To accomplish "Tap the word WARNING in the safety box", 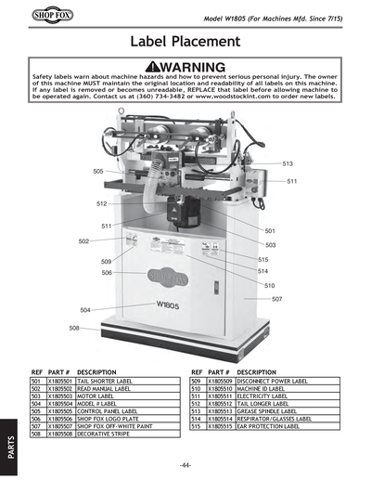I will coord(185,67).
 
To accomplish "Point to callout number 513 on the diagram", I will coord(288,163).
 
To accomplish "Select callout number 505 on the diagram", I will coord(98,172).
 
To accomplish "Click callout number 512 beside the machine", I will coord(102,203).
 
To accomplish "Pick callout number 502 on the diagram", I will coord(83,241).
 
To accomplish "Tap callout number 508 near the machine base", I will coord(74,329).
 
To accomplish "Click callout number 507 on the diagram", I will coord(276,299).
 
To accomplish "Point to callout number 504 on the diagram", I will coord(85,310).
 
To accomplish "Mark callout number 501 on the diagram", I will coord(270,231).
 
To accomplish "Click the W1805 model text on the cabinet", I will coord(168,305).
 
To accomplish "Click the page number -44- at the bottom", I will coord(185,464).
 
